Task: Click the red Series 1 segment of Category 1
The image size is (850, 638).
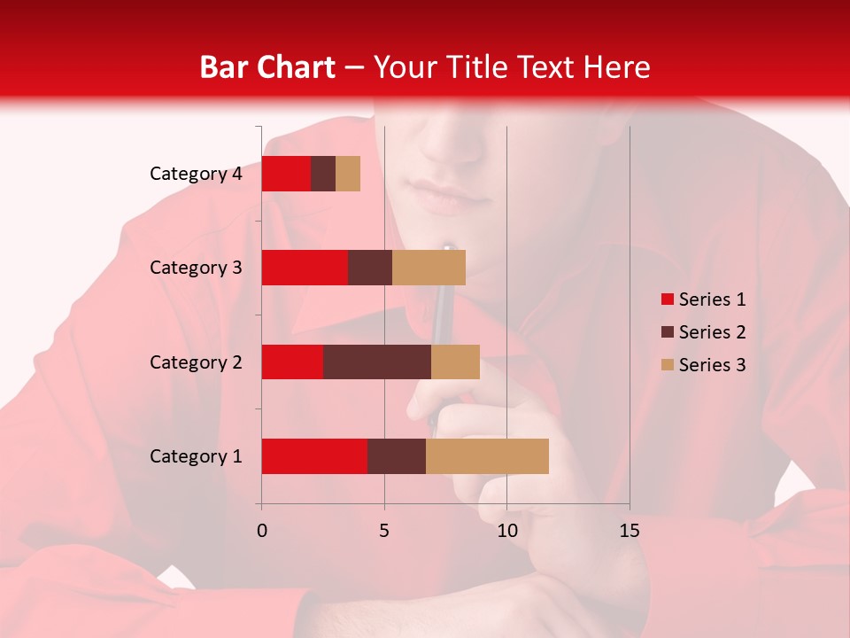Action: click(x=314, y=456)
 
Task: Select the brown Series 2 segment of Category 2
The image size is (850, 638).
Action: click(x=377, y=362)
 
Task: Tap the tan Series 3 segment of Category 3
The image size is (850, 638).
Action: click(x=429, y=268)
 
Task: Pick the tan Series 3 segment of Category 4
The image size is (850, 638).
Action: click(x=348, y=174)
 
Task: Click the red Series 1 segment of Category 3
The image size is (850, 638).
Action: click(x=305, y=268)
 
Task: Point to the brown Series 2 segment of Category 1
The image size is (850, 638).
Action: click(x=397, y=456)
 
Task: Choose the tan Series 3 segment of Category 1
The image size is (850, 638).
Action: click(x=487, y=456)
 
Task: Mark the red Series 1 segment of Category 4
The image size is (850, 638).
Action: click(x=286, y=174)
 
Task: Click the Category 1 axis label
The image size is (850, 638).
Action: click(x=196, y=456)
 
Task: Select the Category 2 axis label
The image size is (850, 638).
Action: click(x=196, y=362)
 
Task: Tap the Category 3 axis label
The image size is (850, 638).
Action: click(x=196, y=268)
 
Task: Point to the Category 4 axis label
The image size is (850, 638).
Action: click(x=196, y=174)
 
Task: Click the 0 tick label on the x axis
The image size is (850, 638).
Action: click(x=262, y=531)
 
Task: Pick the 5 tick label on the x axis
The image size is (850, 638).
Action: click(x=384, y=531)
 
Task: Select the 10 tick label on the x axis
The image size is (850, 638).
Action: click(x=506, y=531)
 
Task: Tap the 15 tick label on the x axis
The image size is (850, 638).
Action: click(x=630, y=531)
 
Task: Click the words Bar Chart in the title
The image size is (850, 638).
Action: click(x=267, y=67)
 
